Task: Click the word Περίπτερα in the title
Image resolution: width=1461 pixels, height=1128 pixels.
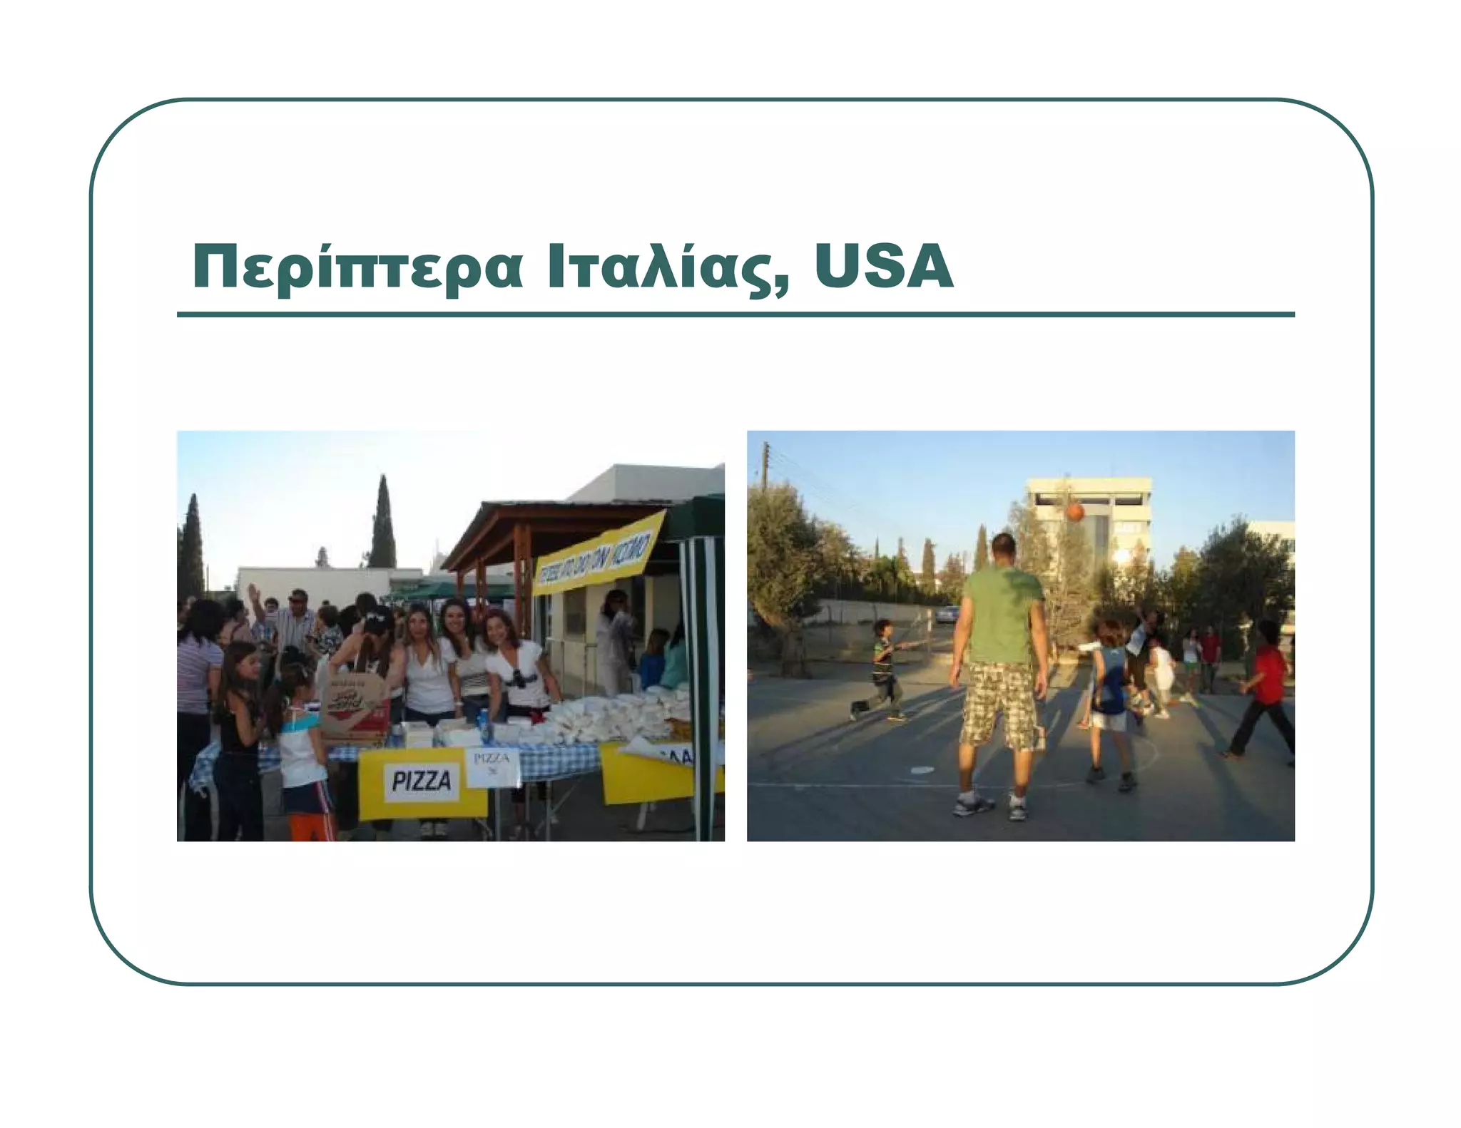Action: [x=357, y=268]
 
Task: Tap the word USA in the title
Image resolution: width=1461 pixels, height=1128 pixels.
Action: [x=883, y=267]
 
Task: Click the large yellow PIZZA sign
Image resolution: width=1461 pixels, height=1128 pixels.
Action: [x=422, y=782]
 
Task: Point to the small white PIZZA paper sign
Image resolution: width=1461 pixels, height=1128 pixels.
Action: [x=492, y=766]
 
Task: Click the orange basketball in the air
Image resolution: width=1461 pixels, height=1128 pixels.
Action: [x=1075, y=512]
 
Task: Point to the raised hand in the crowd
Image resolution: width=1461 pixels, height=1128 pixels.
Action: [x=252, y=591]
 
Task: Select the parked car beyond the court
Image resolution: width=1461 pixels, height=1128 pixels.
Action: [x=947, y=614]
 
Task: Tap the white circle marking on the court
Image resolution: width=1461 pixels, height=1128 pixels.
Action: [x=922, y=769]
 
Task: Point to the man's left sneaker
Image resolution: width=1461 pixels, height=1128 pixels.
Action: [x=973, y=805]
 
